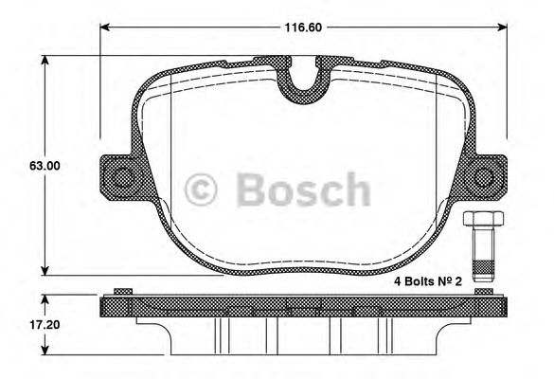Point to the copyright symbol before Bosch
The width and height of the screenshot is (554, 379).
pos(204,189)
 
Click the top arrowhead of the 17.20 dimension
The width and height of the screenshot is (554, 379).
pos(45,298)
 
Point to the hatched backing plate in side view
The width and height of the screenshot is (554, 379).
pos(303,306)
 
